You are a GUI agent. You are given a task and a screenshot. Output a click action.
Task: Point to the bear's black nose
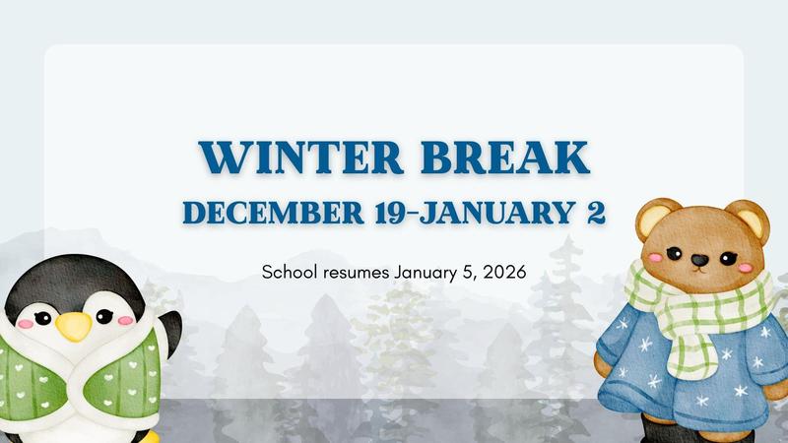[698, 261]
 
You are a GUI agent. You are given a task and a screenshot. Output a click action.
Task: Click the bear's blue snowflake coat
[680, 364]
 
